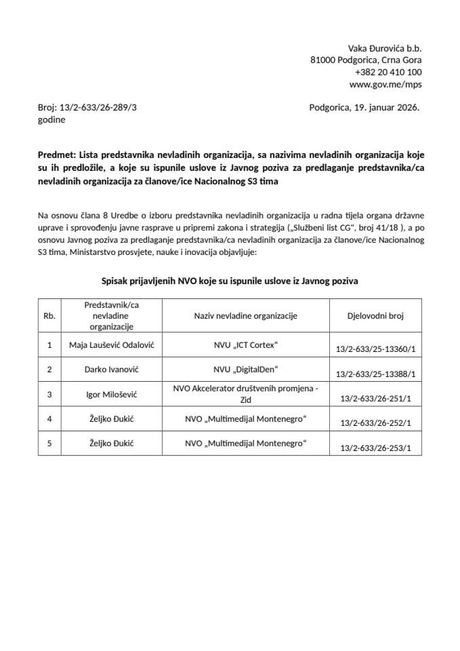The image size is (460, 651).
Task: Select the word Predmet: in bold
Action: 57,155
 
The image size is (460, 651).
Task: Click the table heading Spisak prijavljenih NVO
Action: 230,280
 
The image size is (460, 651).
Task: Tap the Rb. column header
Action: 49,315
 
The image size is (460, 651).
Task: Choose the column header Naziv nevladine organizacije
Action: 245,315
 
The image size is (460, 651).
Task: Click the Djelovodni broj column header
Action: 375,315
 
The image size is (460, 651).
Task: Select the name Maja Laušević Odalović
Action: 112,345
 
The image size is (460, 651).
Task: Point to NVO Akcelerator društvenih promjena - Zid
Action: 245,394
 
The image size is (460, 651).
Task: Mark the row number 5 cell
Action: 49,443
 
